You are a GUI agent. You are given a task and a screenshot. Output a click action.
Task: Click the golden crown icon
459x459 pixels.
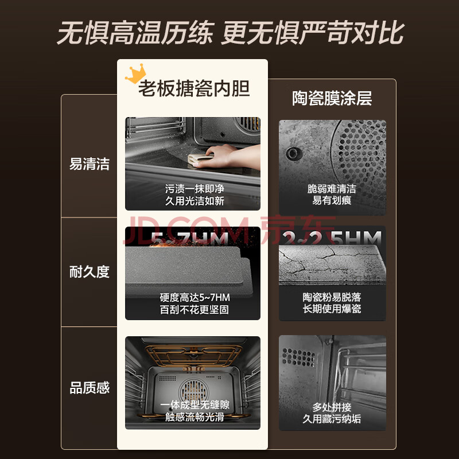pyautogui.click(x=135, y=73)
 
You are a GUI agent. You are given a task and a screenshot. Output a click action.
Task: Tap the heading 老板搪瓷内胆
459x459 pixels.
pyautogui.click(x=194, y=88)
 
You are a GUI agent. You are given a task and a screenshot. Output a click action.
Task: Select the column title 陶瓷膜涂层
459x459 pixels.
pyautogui.click(x=332, y=98)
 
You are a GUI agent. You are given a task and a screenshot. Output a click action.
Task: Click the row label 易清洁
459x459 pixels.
pyautogui.click(x=90, y=164)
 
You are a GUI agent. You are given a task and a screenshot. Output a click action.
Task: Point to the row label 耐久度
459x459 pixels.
pyautogui.click(x=90, y=271)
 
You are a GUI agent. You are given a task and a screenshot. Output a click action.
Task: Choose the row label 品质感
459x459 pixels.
pyautogui.click(x=90, y=388)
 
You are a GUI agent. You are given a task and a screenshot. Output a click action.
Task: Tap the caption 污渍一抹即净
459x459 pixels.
pyautogui.click(x=195, y=189)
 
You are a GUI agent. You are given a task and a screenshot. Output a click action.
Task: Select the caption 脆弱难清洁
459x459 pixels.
pyautogui.click(x=332, y=189)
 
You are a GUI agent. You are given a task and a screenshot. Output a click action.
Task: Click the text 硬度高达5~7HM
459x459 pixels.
pyautogui.click(x=195, y=297)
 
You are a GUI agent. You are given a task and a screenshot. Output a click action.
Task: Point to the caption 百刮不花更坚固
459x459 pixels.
pyautogui.click(x=194, y=310)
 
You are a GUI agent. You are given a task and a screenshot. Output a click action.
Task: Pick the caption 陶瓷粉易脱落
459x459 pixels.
pyautogui.click(x=332, y=297)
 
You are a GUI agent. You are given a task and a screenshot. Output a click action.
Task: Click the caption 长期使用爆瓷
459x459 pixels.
pyautogui.click(x=332, y=309)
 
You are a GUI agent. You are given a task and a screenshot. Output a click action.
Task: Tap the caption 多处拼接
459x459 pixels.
pyautogui.click(x=332, y=407)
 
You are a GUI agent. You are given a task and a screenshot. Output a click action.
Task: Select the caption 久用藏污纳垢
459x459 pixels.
pyautogui.click(x=332, y=419)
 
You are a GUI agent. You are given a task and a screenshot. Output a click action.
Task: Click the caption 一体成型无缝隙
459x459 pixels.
pyautogui.click(x=195, y=405)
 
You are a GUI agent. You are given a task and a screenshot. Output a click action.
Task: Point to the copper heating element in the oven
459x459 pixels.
pyautogui.click(x=193, y=356)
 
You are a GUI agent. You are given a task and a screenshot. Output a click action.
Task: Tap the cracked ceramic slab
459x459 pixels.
pyautogui.click(x=332, y=264)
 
